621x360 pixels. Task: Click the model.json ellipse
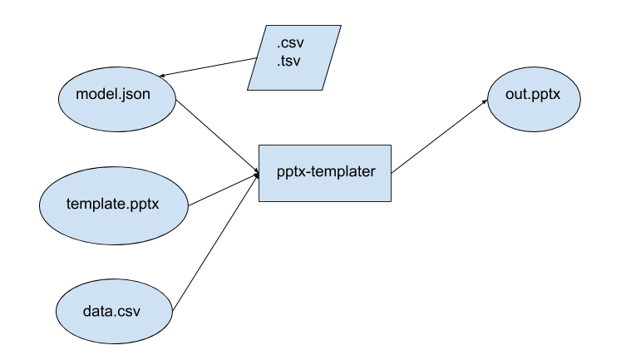point(116,99)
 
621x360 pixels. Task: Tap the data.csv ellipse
point(114,312)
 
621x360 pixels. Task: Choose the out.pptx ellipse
point(533,99)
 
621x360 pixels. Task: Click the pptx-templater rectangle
point(325,173)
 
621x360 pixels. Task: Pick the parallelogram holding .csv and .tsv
point(294,57)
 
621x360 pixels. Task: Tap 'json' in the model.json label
point(136,95)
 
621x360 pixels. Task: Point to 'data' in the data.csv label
point(96,313)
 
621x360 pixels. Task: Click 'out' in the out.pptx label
point(515,94)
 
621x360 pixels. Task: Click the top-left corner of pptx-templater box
point(260,146)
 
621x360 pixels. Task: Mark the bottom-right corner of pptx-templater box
point(390,200)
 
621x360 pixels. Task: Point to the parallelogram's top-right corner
point(340,27)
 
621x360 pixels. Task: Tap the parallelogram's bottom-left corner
point(249,89)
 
